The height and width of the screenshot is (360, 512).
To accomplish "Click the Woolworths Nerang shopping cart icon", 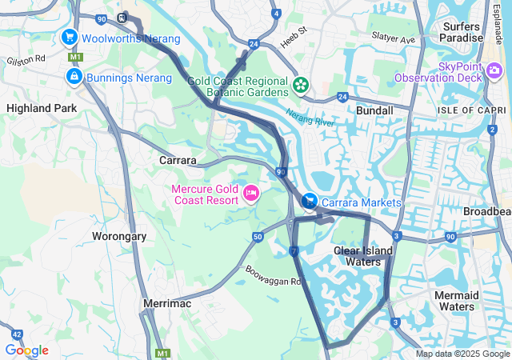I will click(x=70, y=37).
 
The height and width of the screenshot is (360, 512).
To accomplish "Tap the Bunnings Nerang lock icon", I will click(x=74, y=77).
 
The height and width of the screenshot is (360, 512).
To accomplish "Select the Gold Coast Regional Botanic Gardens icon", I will click(x=302, y=84).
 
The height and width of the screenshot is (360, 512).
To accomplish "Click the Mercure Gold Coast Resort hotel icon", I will click(x=250, y=193).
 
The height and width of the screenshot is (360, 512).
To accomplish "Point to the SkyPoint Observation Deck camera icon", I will click(x=425, y=76).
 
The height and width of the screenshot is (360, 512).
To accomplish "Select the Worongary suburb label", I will click(x=119, y=237).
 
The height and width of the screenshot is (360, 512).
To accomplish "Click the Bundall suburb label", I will click(x=374, y=110).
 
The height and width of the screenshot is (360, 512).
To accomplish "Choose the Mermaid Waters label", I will click(x=457, y=301).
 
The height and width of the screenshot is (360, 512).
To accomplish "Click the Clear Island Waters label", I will click(x=363, y=256).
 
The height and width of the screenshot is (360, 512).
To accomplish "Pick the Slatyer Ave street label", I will click(x=393, y=38).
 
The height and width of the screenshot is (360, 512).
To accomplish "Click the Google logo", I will click(x=26, y=350).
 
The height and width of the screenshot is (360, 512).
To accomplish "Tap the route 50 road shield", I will click(x=257, y=237).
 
